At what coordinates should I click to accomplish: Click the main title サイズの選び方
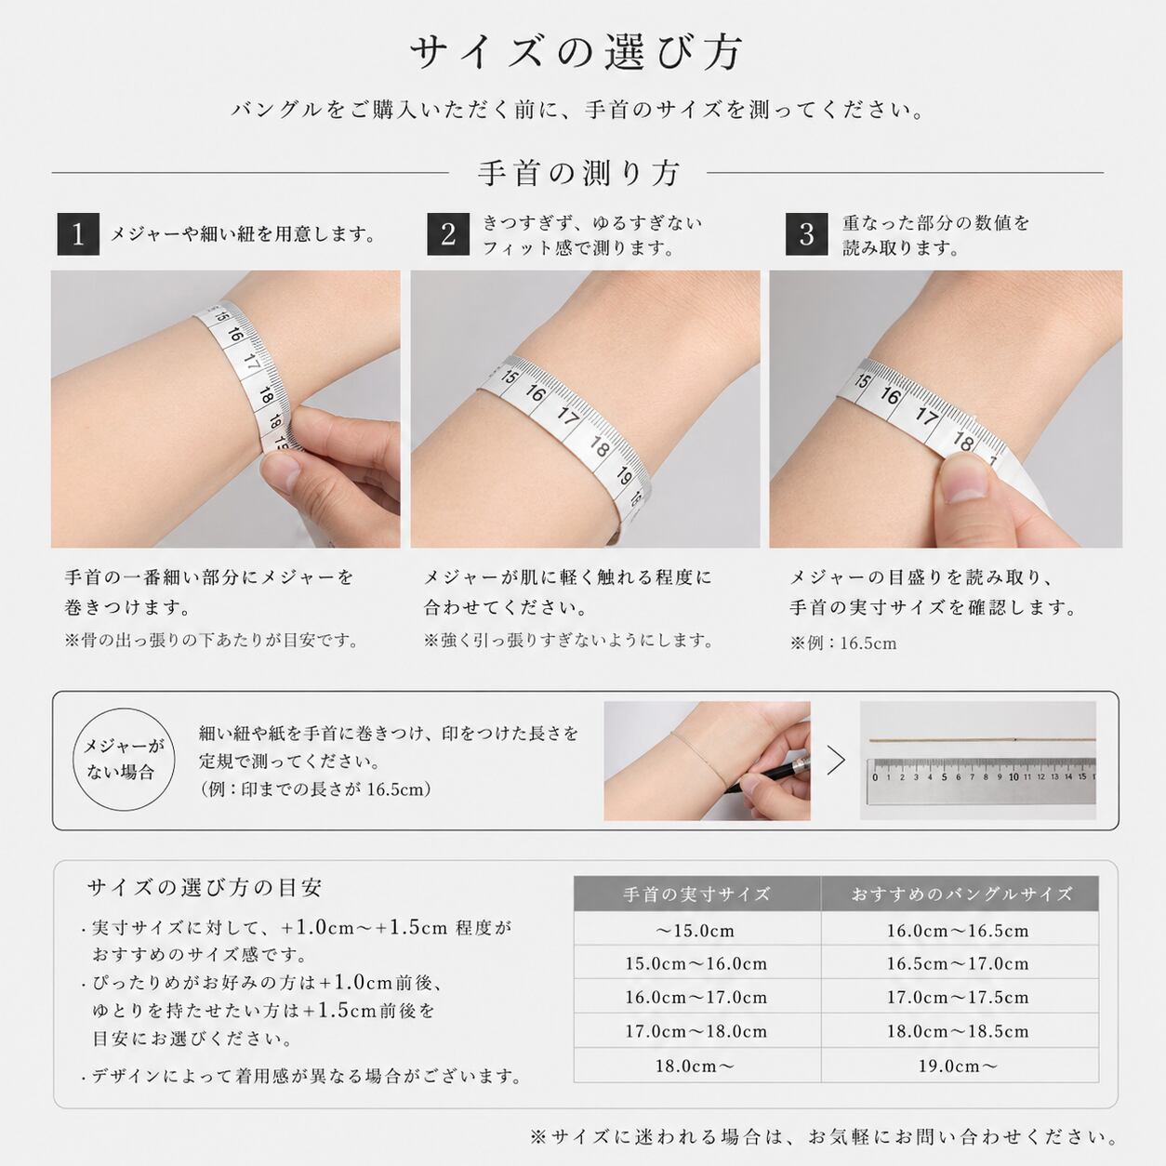click(x=576, y=53)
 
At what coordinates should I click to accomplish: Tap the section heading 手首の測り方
click(x=579, y=174)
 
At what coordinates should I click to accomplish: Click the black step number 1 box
click(x=78, y=234)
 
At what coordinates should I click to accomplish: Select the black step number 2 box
click(x=448, y=234)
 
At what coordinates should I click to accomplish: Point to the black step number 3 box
click(x=806, y=234)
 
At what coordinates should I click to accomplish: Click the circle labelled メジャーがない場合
click(x=124, y=760)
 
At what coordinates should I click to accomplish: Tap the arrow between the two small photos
click(x=836, y=761)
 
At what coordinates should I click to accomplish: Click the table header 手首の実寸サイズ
click(x=696, y=894)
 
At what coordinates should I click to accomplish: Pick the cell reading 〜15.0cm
click(x=696, y=931)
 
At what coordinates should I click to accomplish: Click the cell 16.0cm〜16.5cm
click(x=958, y=931)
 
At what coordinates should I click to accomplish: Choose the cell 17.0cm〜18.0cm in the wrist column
click(x=696, y=1031)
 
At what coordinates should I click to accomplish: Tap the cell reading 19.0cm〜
click(x=958, y=1066)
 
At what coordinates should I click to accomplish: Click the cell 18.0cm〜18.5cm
click(x=958, y=1031)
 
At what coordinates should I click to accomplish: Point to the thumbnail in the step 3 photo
click(x=967, y=479)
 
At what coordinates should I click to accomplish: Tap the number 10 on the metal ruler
click(x=1014, y=777)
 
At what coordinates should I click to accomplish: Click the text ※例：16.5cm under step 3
click(x=842, y=643)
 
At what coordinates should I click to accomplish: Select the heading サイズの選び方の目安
click(x=205, y=888)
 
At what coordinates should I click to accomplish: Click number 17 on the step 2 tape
click(x=567, y=416)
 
